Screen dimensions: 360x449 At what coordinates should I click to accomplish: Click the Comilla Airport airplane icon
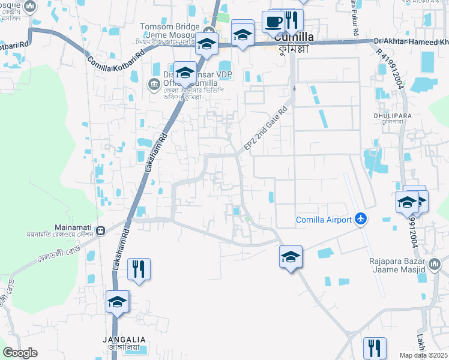360,219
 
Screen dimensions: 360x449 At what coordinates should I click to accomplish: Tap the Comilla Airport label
324,220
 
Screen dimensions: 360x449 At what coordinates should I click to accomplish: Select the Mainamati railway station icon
101,229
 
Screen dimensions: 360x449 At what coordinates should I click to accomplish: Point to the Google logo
20,353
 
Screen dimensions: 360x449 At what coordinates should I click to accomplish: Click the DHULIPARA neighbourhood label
397,111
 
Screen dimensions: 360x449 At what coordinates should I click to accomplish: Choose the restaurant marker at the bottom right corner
375,348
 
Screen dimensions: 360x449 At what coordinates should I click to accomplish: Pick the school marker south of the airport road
291,258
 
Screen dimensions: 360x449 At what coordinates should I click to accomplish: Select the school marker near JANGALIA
117,302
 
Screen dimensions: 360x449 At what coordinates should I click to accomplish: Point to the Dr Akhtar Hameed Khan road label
411,42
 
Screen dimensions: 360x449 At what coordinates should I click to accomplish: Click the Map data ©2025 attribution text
424,355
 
